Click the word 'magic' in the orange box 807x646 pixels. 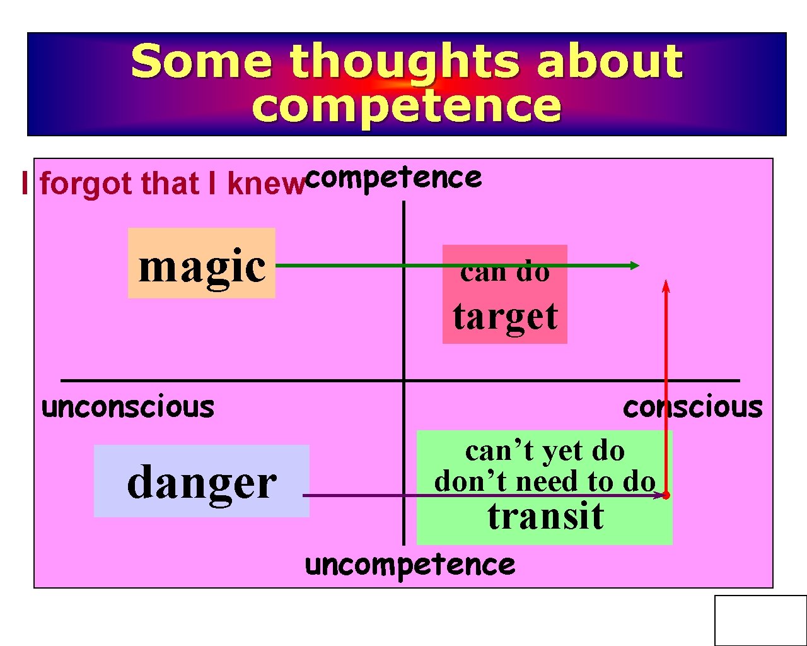(202, 266)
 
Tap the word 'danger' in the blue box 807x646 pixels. (202, 483)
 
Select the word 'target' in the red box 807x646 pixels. (505, 316)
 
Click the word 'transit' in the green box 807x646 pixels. (545, 515)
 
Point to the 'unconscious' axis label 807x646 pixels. (128, 407)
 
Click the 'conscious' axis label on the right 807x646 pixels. (692, 407)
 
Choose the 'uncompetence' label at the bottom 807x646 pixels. (410, 565)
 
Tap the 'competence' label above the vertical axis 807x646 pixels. (394, 178)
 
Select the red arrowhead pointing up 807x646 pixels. (666, 286)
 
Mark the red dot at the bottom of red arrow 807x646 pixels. (666, 495)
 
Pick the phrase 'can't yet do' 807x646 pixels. (545, 451)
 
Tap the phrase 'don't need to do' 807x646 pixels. (545, 481)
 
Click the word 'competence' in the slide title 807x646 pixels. (406, 105)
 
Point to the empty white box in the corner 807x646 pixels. (760, 620)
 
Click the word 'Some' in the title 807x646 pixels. (202, 61)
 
